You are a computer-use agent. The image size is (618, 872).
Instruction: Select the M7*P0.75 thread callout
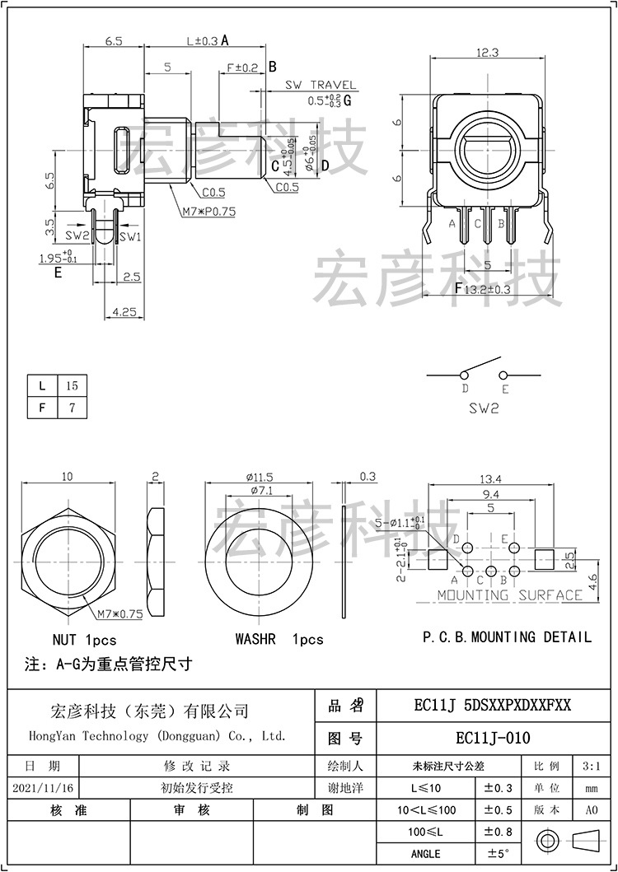click(x=208, y=211)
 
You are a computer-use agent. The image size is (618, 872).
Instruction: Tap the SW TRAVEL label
click(x=321, y=85)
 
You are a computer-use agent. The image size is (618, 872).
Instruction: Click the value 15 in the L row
click(x=72, y=385)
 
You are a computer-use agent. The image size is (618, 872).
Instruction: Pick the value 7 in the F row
click(x=72, y=408)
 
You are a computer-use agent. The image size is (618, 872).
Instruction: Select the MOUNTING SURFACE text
click(x=509, y=595)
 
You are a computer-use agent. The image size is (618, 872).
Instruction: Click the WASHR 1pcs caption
click(x=279, y=639)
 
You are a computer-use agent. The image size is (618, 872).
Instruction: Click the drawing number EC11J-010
click(x=493, y=737)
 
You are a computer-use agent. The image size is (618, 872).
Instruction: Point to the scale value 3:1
click(x=591, y=766)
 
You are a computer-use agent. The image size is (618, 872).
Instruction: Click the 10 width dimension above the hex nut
click(x=67, y=477)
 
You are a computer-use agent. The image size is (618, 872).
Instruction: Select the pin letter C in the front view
click(x=477, y=223)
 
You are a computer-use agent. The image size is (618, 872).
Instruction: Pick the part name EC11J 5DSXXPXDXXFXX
click(x=493, y=706)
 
